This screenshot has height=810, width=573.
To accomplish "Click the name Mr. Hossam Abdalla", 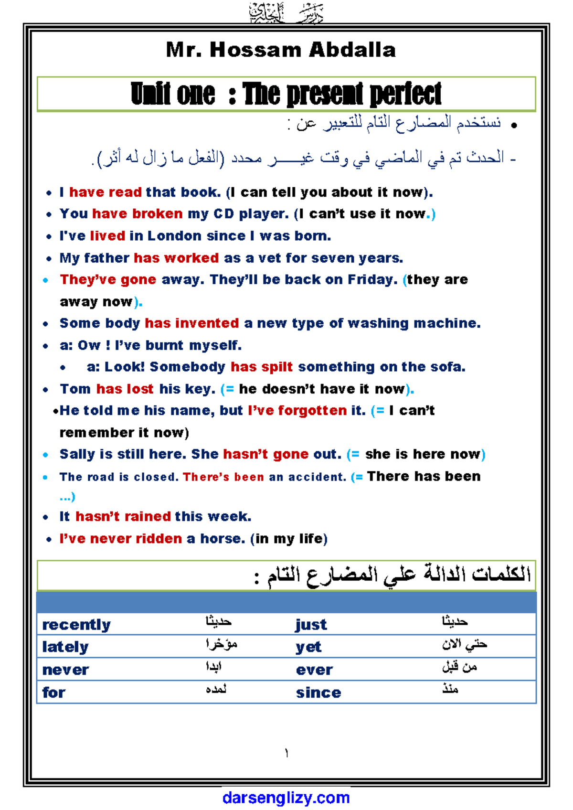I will pyautogui.click(x=281, y=50).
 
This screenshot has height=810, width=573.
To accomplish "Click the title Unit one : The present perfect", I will pyautogui.click(x=286, y=94).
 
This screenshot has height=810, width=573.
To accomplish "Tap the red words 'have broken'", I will pyautogui.click(x=138, y=213).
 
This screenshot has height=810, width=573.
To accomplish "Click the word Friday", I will pyautogui.click(x=371, y=279).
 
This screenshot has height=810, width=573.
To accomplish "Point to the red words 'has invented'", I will pyautogui.click(x=192, y=323).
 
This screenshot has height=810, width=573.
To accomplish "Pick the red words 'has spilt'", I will pyautogui.click(x=262, y=367).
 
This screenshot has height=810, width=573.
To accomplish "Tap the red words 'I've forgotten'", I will pyautogui.click(x=297, y=411).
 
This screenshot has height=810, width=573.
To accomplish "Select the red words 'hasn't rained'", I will pyautogui.click(x=123, y=517).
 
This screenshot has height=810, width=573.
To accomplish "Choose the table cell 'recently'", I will pyautogui.click(x=76, y=625).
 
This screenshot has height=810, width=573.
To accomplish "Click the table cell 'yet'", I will pyautogui.click(x=308, y=647).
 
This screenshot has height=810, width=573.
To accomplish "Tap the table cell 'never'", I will pyautogui.click(x=65, y=670).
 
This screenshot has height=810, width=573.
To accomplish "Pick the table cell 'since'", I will pyautogui.click(x=318, y=693).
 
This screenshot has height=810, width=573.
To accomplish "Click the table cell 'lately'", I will pyautogui.click(x=65, y=647).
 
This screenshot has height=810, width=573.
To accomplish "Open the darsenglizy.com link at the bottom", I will pyautogui.click(x=286, y=798).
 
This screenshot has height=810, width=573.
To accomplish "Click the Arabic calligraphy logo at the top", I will pyautogui.click(x=286, y=13).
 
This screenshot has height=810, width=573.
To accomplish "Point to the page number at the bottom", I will pyautogui.click(x=286, y=754).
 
